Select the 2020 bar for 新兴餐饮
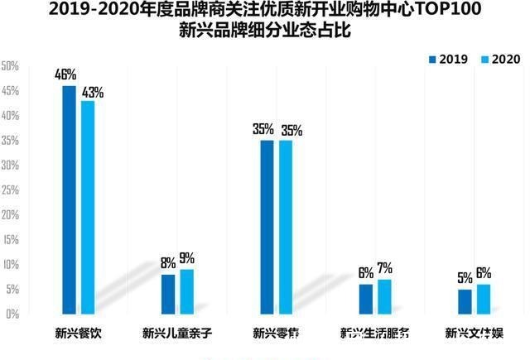[88, 208]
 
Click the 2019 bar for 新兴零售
[267, 228]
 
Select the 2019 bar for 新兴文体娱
[465, 301]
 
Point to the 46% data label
[65, 75]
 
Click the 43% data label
[93, 91]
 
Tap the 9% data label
[187, 259]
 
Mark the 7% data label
[384, 269]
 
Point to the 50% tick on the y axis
[10, 65]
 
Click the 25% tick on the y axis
[10, 190]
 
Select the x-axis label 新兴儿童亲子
[176, 334]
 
